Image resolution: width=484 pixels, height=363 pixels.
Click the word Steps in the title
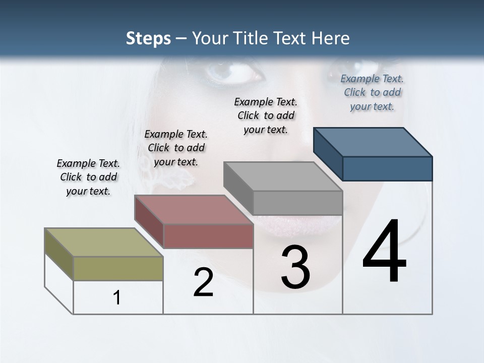coord(148,39)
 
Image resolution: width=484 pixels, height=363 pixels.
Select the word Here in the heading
coord(330,38)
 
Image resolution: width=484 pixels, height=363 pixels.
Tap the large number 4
coord(384,252)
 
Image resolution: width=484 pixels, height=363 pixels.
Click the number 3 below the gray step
coord(295,267)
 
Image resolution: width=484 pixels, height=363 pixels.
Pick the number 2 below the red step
coord(204,283)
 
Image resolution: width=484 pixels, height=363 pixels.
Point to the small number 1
coord(117,298)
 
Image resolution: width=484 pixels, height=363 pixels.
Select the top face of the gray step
coord(283,176)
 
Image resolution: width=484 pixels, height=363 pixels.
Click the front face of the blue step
coord(387,168)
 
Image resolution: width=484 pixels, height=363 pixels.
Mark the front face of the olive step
coord(118,268)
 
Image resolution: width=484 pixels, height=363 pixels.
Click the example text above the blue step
coord(372,92)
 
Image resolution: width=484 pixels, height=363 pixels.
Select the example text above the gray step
coord(266,115)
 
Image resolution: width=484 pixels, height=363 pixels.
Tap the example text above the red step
coord(176,148)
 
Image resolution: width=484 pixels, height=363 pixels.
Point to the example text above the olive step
coord(88,177)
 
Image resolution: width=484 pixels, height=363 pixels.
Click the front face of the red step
coord(208,236)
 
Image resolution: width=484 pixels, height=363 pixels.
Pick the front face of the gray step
coord(297,203)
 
